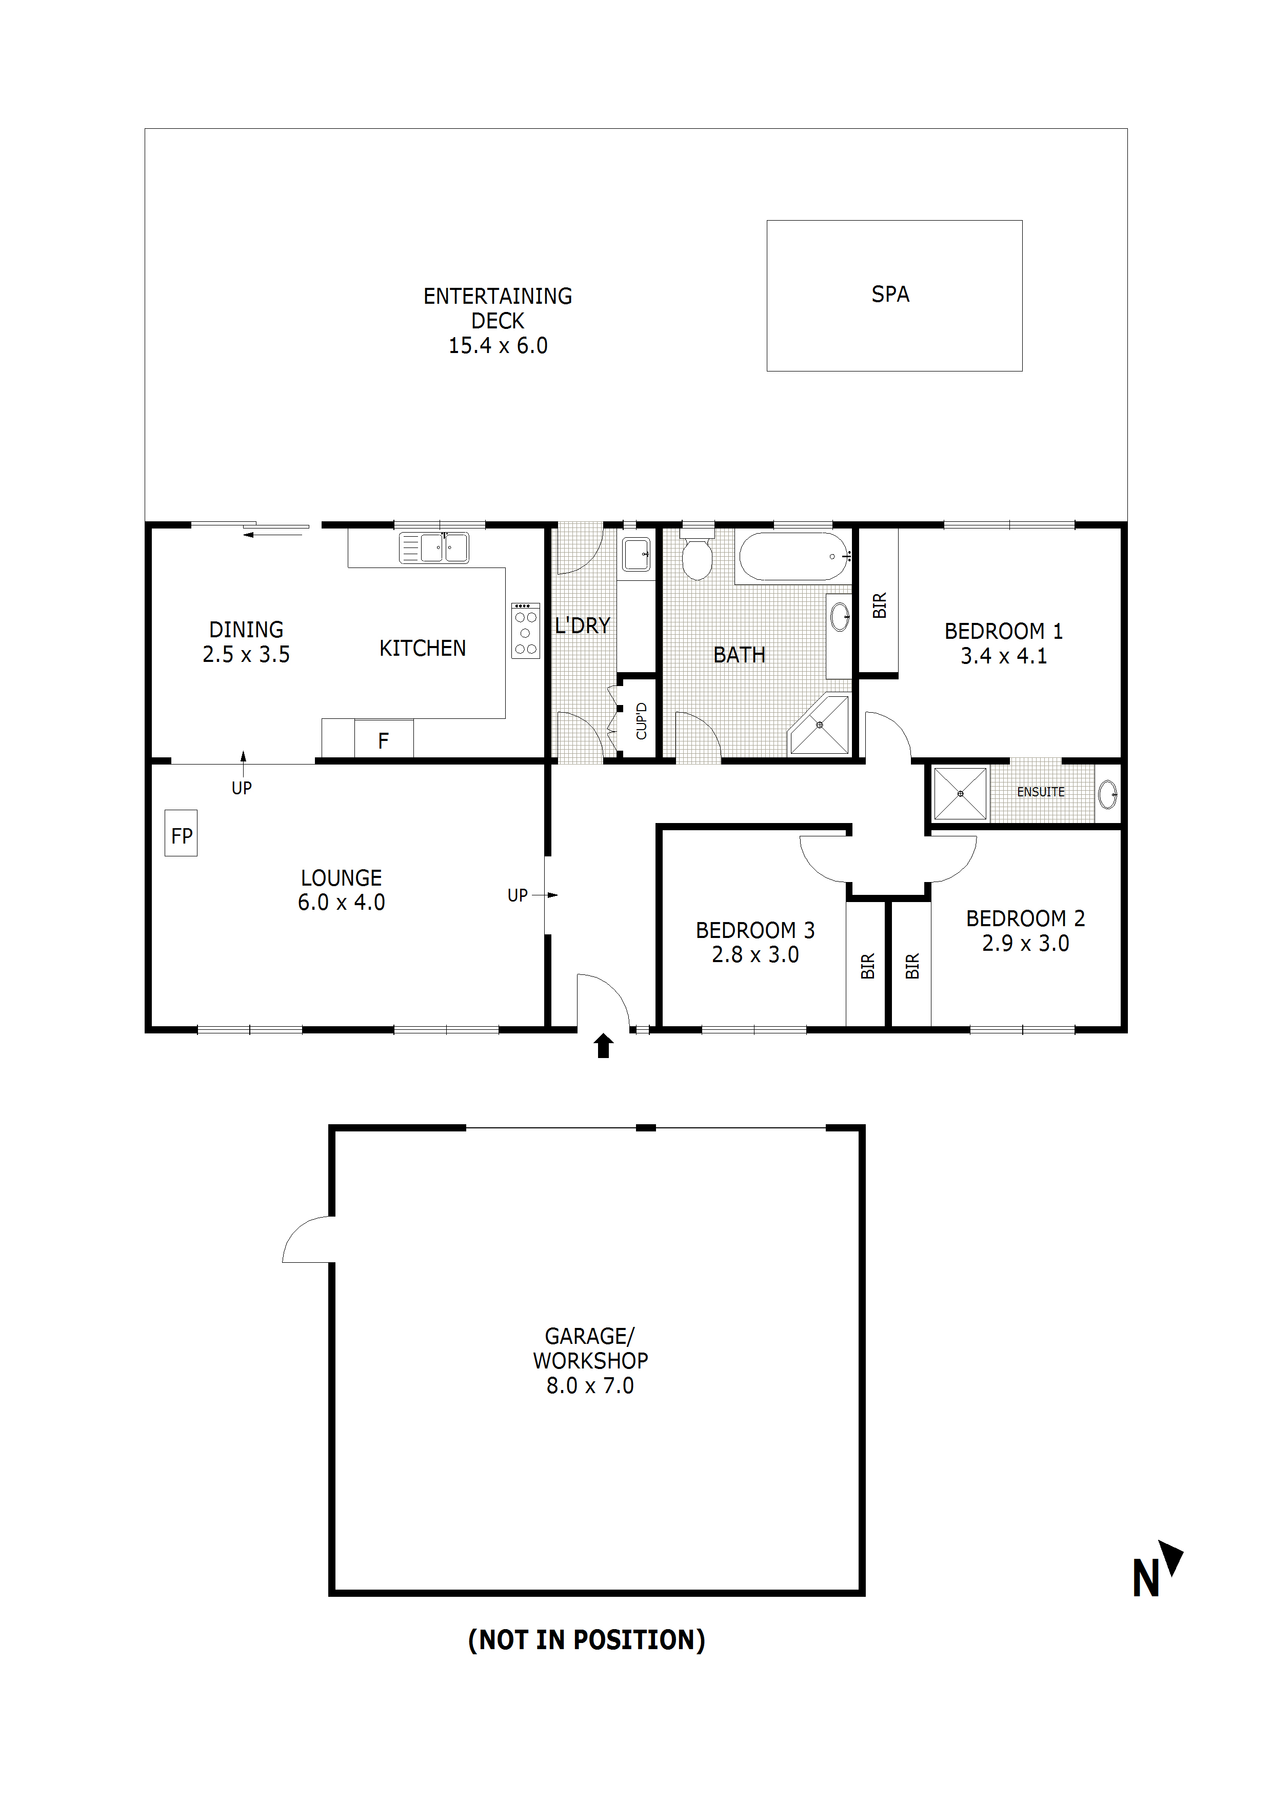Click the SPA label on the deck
pyautogui.click(x=890, y=294)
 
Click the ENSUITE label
pyautogui.click(x=1040, y=792)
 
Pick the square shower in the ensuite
pyautogui.click(x=960, y=793)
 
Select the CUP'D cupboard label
pyautogui.click(x=641, y=720)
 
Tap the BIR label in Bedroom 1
pyautogui.click(x=879, y=605)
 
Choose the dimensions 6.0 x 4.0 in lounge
pyautogui.click(x=341, y=903)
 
